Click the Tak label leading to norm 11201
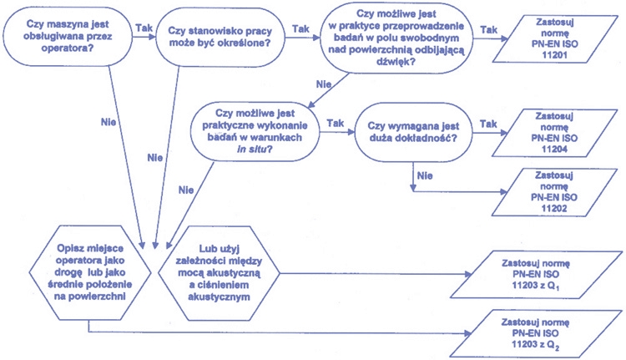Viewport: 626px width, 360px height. click(x=490, y=30)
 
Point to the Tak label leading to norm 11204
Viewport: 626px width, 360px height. click(x=490, y=123)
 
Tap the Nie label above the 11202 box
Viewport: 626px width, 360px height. click(x=426, y=175)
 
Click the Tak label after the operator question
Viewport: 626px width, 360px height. click(x=144, y=28)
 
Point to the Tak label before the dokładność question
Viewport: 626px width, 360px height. click(x=336, y=123)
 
